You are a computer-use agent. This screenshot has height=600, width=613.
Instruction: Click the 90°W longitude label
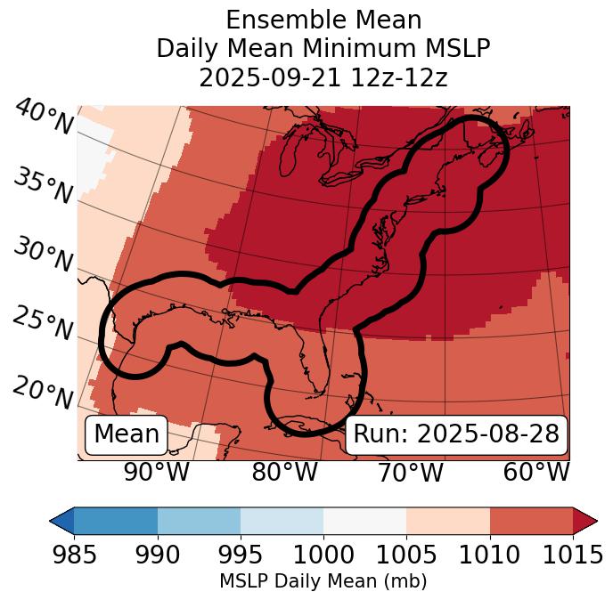click(156, 472)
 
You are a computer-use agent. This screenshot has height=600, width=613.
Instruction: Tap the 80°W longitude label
click(284, 472)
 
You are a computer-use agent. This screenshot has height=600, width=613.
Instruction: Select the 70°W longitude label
click(411, 472)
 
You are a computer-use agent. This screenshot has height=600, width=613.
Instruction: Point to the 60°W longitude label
click(536, 472)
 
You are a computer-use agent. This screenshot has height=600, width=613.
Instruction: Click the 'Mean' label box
click(127, 434)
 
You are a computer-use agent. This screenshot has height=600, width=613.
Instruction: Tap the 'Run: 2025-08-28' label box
click(456, 434)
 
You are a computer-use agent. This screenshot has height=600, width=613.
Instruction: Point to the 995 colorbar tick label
click(240, 555)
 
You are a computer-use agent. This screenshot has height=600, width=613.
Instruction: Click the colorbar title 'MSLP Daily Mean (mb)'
click(323, 581)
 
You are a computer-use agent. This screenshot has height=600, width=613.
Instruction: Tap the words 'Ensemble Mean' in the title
click(323, 20)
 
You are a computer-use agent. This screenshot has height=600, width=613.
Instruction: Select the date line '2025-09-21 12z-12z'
click(323, 77)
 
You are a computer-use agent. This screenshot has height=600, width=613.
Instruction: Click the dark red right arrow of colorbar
click(585, 520)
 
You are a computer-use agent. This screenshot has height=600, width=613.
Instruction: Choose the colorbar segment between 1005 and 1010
click(448, 520)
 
